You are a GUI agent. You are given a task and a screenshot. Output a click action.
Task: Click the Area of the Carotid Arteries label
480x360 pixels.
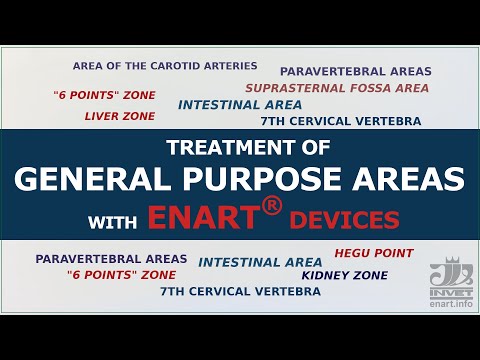pyautogui.click(x=165, y=66)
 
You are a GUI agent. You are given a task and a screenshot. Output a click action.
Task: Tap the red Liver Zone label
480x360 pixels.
pyautogui.click(x=120, y=116)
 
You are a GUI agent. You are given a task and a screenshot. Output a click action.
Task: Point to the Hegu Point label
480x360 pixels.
pyautogui.click(x=373, y=253)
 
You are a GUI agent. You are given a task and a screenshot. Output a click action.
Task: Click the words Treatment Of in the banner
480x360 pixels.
pyautogui.click(x=240, y=149)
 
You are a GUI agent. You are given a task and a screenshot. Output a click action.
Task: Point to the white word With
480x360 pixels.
pyautogui.click(x=113, y=219)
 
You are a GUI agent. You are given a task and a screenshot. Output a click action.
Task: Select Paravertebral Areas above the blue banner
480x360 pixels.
pyautogui.click(x=355, y=72)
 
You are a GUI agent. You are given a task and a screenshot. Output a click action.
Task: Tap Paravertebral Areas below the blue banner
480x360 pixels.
pyautogui.click(x=111, y=258)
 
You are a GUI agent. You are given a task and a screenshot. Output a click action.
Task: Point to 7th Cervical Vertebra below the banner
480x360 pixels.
pyautogui.click(x=240, y=291)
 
